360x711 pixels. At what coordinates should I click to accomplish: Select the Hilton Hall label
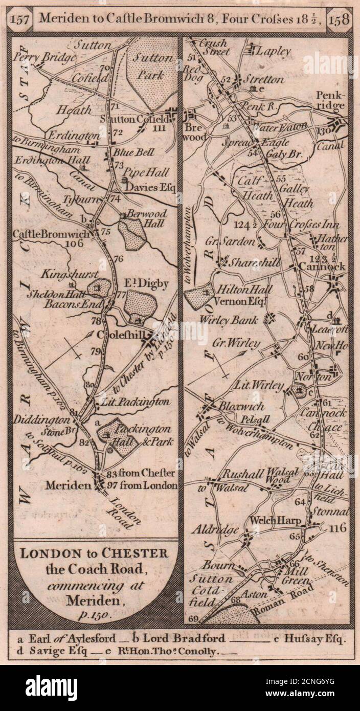point(245,289)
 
